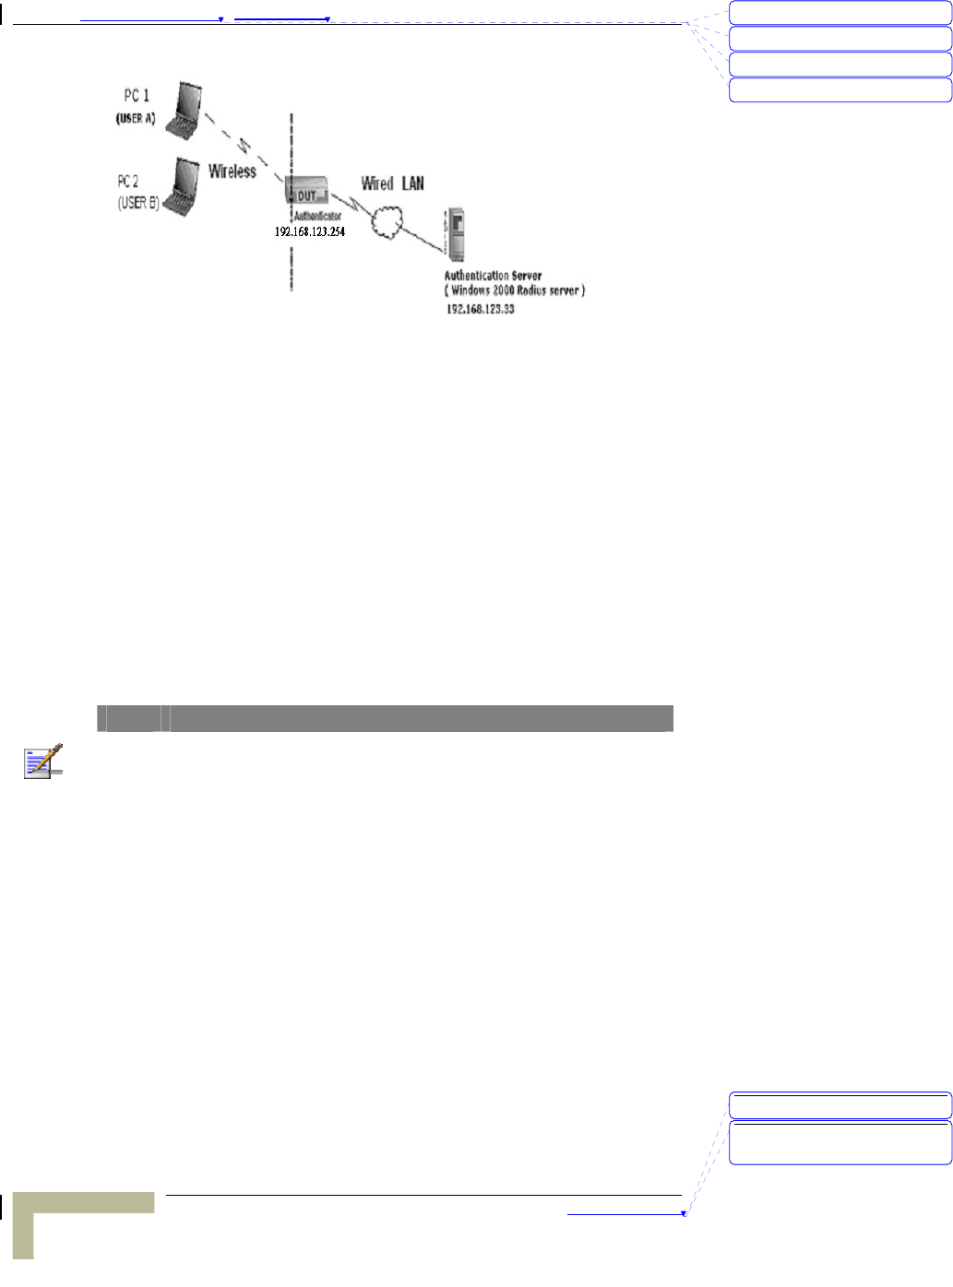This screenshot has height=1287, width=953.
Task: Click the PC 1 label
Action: pos(137,96)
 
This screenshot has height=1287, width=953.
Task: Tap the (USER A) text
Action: pos(135,119)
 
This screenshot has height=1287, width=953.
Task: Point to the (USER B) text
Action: pos(138,203)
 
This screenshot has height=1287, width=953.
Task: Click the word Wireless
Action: pos(232,171)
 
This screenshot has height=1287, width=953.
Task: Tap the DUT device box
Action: pos(307,195)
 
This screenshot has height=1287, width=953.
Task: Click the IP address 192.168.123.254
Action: pos(309,232)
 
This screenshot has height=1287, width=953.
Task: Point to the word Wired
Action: pos(376,183)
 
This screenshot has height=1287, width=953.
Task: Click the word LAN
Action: pos(412,183)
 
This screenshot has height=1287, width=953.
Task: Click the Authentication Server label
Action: pos(493,275)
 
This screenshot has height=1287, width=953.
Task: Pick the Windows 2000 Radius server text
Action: pos(514,290)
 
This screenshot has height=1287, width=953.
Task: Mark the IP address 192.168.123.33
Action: pos(481,310)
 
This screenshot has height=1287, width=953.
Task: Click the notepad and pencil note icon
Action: pos(43,761)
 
